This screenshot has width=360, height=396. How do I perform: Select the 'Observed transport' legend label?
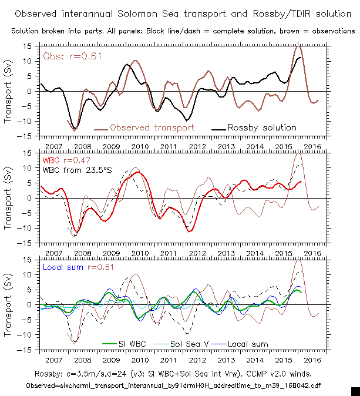tap(147, 127)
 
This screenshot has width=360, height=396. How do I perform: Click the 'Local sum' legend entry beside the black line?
tap(248, 344)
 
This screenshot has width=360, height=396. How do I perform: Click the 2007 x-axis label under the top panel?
tap(53, 145)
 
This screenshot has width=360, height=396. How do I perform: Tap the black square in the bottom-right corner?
tap(355, 391)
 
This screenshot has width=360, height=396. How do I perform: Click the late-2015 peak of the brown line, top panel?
tap(298, 47)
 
